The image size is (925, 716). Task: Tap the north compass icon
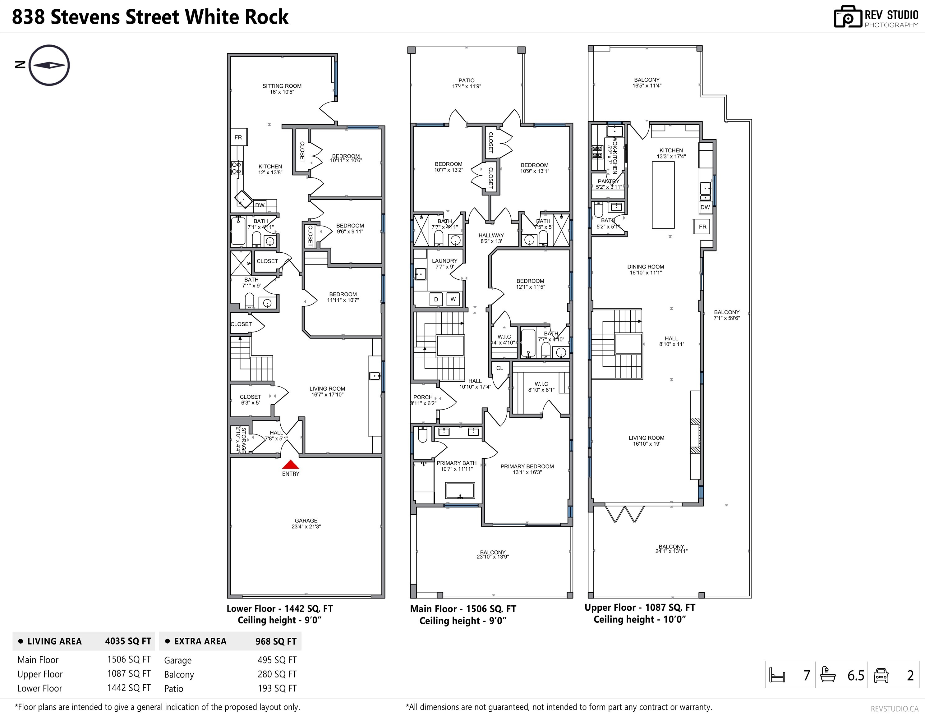[49, 65]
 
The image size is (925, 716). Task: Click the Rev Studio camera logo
[848, 17]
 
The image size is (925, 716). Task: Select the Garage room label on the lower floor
[306, 523]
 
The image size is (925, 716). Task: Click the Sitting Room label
[282, 89]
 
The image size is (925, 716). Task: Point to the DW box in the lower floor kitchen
[260, 205]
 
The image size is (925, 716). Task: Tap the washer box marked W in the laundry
[453, 299]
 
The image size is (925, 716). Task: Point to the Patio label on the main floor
[466, 83]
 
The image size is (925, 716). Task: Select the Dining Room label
[646, 270]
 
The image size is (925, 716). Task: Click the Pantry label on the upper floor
[609, 184]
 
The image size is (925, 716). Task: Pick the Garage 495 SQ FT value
[277, 660]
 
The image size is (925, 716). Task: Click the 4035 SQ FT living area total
[128, 641]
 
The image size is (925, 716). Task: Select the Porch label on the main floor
[423, 400]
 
